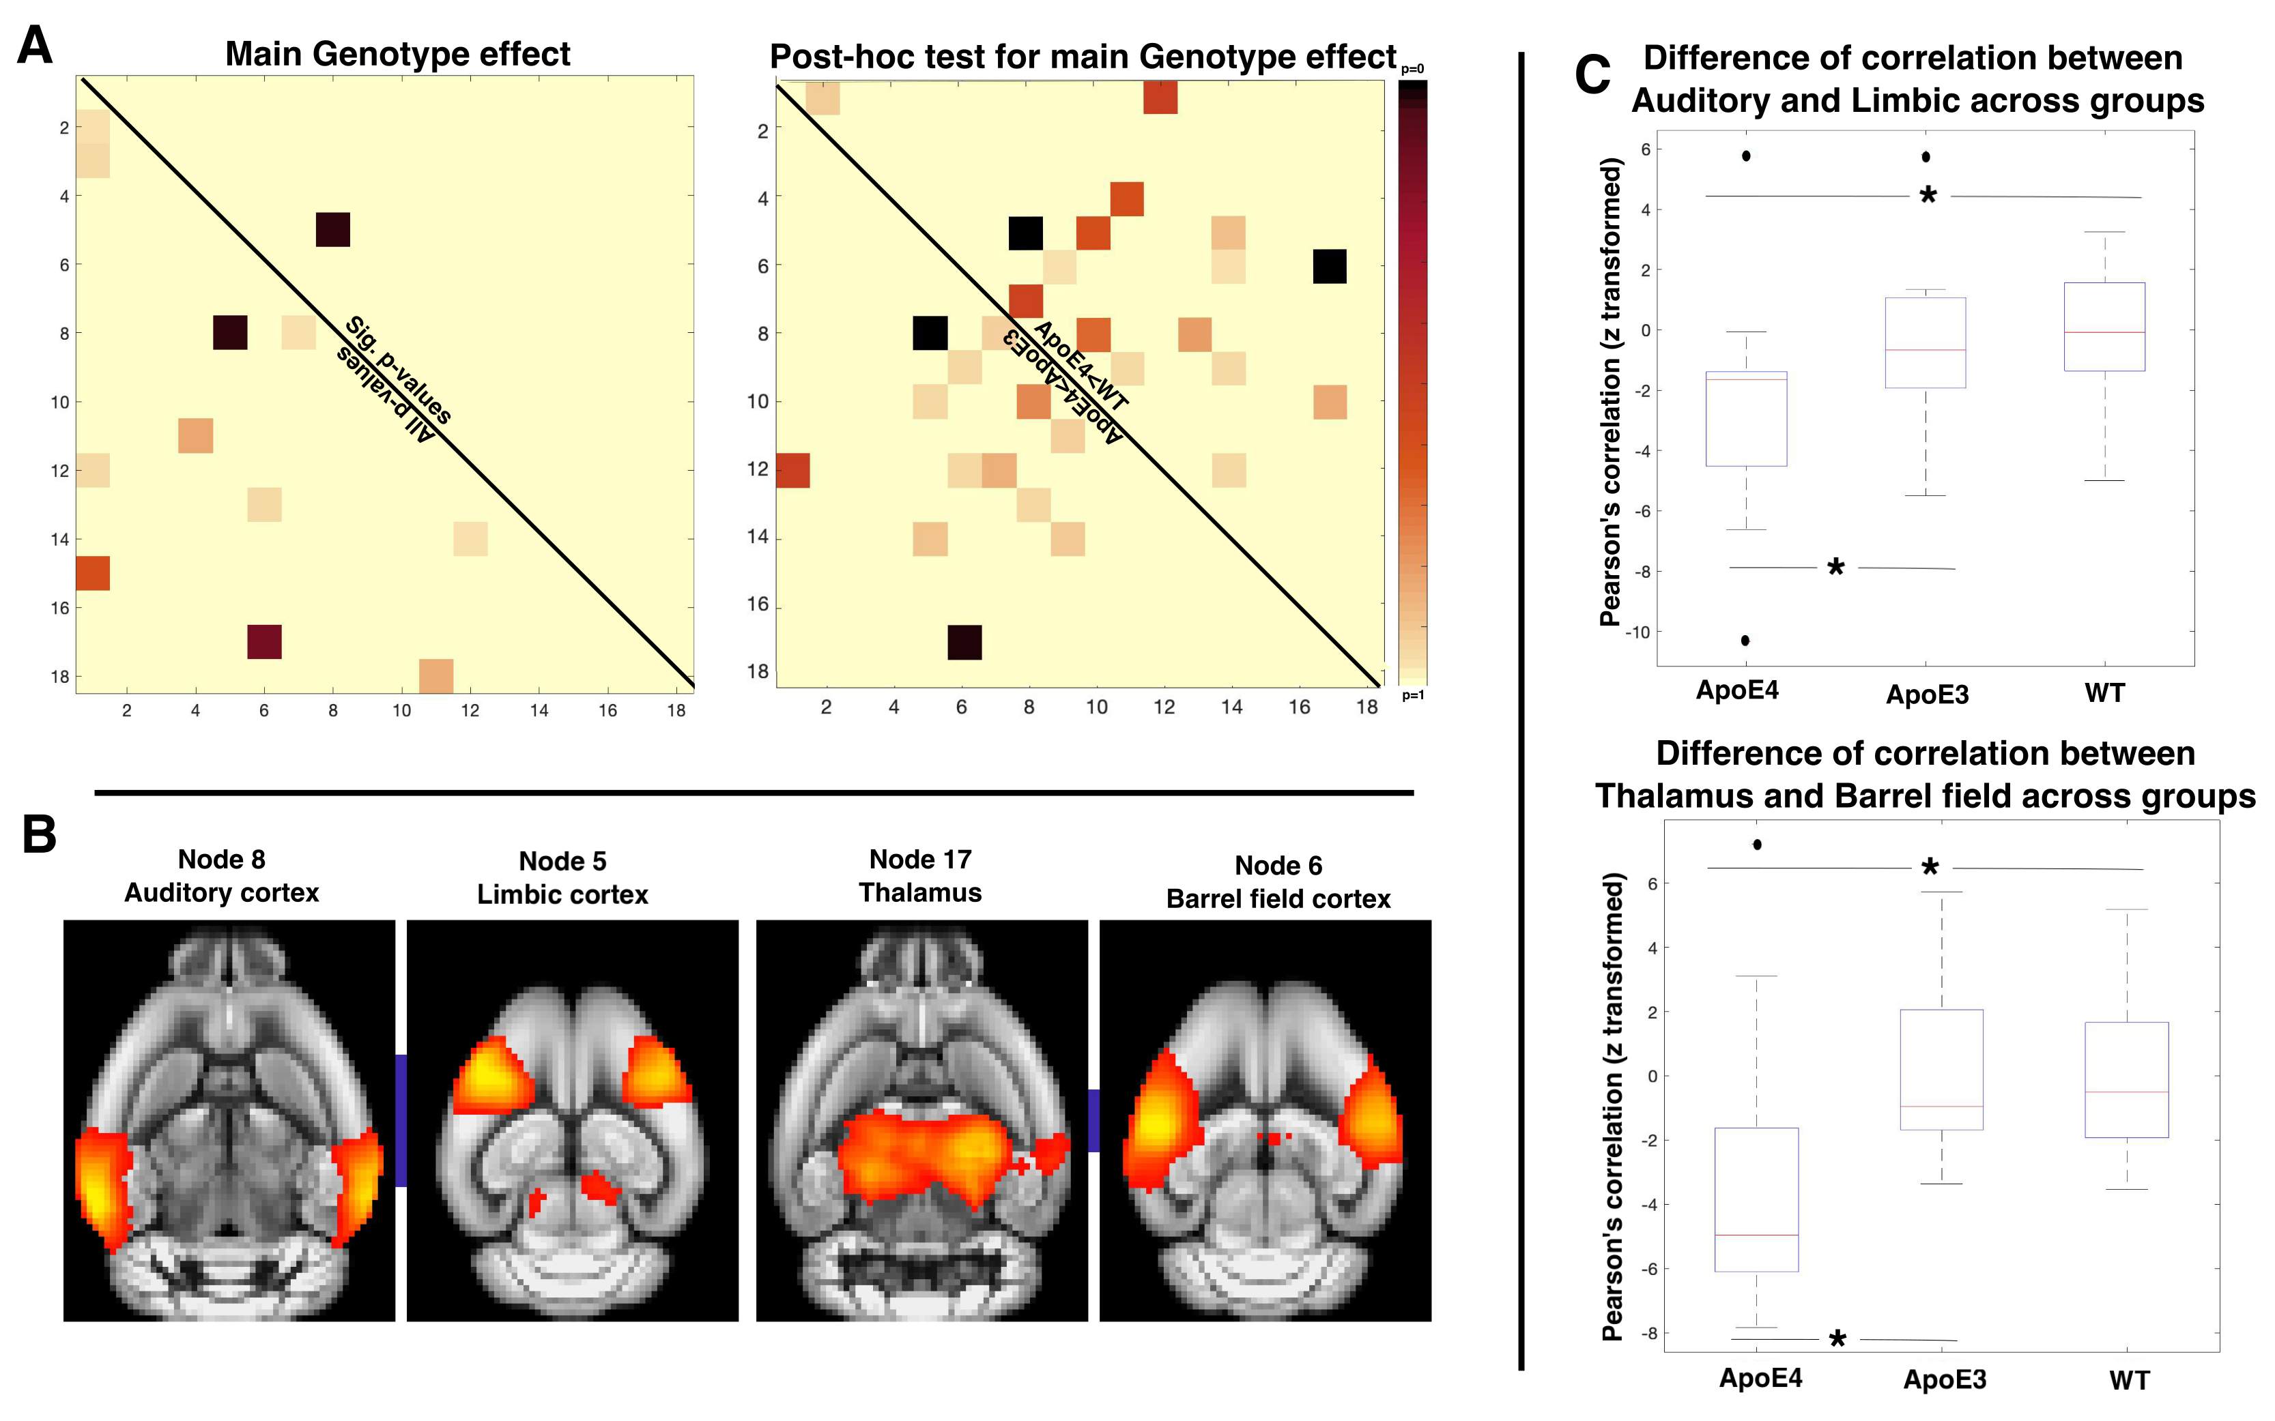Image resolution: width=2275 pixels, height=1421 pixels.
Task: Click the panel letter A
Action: click(x=35, y=45)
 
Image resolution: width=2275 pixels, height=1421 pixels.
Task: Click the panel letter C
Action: click(x=1592, y=75)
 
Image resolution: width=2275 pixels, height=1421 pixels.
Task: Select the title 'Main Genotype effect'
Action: click(x=398, y=55)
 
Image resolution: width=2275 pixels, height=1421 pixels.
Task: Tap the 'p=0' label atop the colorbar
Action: click(x=1412, y=69)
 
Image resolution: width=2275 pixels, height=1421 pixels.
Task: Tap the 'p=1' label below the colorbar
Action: click(x=1412, y=695)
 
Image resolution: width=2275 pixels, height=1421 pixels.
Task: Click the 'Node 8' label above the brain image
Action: click(x=222, y=859)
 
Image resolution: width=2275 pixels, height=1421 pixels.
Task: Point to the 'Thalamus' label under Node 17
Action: click(x=919, y=893)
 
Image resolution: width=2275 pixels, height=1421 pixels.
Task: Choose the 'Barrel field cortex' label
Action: click(x=1278, y=899)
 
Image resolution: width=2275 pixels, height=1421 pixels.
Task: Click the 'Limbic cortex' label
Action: click(x=562, y=895)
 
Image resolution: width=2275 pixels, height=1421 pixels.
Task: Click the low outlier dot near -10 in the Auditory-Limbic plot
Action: click(x=1745, y=641)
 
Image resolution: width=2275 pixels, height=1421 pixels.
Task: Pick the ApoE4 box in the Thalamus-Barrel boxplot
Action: click(x=1756, y=1199)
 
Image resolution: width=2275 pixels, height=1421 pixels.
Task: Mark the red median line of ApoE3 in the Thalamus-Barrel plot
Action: click(x=1941, y=1106)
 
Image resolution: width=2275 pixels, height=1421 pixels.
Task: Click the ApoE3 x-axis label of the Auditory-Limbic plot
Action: click(x=1926, y=694)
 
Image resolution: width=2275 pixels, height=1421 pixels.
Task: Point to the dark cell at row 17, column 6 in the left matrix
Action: click(x=264, y=642)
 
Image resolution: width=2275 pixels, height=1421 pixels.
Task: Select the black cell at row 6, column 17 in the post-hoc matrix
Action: click(x=1329, y=267)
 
